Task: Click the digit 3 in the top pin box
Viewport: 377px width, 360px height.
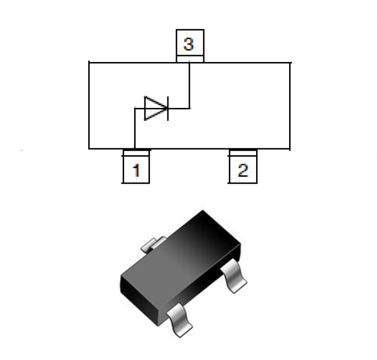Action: [189, 45]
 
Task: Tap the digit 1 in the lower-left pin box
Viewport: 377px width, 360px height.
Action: [136, 170]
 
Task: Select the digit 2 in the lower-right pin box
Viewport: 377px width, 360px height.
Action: [243, 170]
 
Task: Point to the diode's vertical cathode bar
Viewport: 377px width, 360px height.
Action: [167, 108]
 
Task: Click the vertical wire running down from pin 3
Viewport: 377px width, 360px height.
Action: [189, 85]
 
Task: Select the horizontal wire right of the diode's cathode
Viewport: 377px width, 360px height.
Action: [179, 108]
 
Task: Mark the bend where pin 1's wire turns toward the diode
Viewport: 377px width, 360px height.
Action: [135, 109]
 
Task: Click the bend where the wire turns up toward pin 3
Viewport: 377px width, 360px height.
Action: [189, 108]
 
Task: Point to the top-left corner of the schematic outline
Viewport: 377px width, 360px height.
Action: [89, 62]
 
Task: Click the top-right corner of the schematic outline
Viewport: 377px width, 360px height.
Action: [290, 62]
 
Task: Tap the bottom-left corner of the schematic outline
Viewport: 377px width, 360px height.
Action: [89, 148]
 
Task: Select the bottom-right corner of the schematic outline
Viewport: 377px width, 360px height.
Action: [290, 148]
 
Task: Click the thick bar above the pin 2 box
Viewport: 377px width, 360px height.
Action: [243, 150]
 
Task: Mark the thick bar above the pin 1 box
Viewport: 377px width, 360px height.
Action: [136, 150]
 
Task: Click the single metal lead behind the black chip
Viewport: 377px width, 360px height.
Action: [151, 244]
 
